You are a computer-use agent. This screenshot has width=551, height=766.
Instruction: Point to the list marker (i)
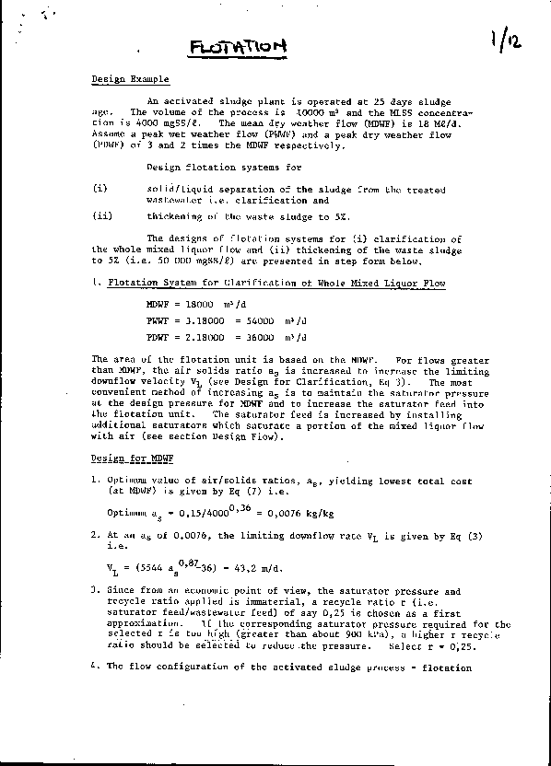coord(100,189)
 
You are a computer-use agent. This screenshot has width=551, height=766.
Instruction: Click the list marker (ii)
coord(102,216)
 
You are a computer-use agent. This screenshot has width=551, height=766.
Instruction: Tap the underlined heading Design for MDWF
coord(121,458)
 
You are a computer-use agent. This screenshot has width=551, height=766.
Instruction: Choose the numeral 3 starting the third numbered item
coord(95,589)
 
